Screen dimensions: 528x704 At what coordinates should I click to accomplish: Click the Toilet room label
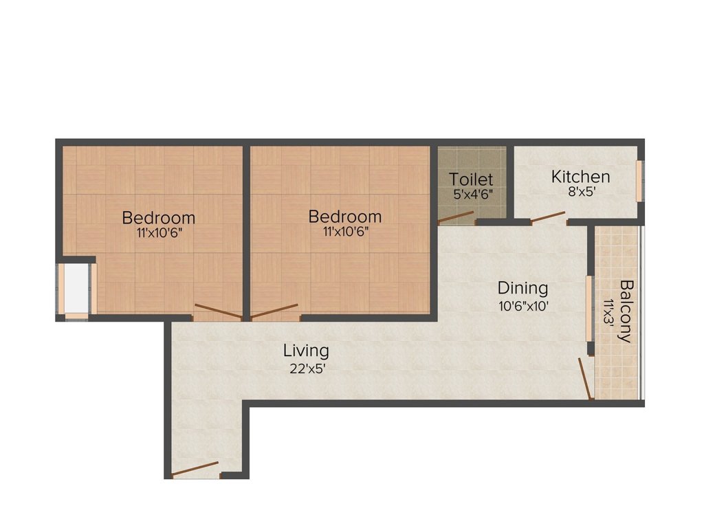pos(471,179)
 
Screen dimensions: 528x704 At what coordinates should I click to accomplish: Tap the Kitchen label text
pos(580,177)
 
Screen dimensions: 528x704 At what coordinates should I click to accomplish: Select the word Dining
pos(523,288)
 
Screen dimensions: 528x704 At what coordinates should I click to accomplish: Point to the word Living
pos(306,351)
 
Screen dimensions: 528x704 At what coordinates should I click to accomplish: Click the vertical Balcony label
pos(626,311)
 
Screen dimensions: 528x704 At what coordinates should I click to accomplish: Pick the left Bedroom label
pos(159,218)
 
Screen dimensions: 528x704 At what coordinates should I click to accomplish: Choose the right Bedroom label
pos(345,217)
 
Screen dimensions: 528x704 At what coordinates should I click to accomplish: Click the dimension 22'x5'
pos(307,368)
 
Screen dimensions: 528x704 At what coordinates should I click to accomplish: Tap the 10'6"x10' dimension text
pos(523,306)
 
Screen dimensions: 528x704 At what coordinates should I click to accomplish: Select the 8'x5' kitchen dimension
pos(580,192)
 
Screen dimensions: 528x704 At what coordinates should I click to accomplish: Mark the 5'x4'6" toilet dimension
pos(472,195)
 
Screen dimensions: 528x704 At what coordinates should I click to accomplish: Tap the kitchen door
pos(549,218)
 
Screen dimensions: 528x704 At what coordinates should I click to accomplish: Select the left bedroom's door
pos(218,311)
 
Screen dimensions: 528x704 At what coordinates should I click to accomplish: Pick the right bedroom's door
pos(274,311)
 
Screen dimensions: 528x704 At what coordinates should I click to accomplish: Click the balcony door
pos(586,379)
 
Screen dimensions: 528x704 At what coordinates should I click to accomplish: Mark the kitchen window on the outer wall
pos(639,181)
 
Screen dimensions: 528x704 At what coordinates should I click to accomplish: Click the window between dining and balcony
pos(589,309)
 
